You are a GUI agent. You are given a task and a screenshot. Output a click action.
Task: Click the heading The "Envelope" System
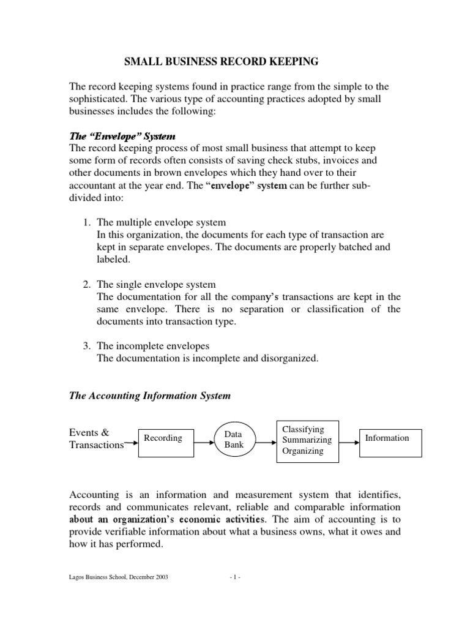(x=122, y=136)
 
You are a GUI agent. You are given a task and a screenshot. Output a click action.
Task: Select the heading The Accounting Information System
(x=149, y=396)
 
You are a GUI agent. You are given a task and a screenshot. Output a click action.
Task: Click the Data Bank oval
(x=234, y=440)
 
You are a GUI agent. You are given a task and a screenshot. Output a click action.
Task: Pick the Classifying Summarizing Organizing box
(x=308, y=440)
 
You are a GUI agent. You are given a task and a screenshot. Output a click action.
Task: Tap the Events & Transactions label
(x=96, y=439)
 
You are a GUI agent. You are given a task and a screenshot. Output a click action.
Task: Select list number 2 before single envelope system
(x=88, y=285)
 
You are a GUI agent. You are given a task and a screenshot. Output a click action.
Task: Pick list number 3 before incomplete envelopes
(x=88, y=347)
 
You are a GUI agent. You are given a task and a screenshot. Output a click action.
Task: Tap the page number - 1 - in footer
(x=235, y=595)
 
